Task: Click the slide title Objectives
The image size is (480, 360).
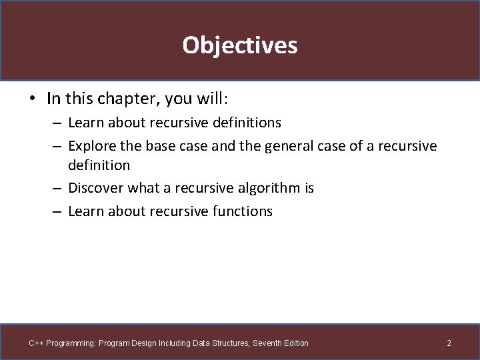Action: (240, 45)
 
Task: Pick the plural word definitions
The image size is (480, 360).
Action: (247, 123)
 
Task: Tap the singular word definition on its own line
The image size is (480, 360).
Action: (99, 165)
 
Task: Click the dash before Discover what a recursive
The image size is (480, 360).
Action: (57, 189)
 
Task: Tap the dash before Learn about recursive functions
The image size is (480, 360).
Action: (57, 212)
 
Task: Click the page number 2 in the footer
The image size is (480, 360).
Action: (449, 343)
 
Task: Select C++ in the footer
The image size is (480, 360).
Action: (36, 343)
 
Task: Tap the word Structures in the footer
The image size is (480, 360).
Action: (230, 343)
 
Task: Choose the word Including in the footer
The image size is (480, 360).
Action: (173, 343)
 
